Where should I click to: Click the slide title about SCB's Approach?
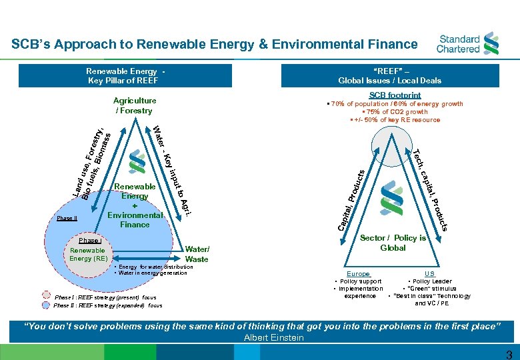tap(214, 44)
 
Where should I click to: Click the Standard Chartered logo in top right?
tap(467, 44)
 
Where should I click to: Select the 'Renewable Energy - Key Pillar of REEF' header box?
tap(125, 75)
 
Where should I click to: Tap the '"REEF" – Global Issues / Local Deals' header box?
tap(389, 75)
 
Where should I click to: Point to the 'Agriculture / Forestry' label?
tap(135, 105)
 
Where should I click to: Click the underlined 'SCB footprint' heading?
tap(395, 95)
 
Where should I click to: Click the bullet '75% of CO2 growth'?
tap(395, 112)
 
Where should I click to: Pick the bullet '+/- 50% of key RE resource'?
tap(395, 120)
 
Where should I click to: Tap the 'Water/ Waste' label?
tap(197, 255)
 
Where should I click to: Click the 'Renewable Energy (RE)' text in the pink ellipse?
tap(89, 254)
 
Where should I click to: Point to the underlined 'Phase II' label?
tap(67, 218)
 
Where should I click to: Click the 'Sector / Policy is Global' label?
tap(393, 243)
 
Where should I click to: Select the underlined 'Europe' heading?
tap(359, 274)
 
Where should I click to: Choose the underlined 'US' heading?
tap(429, 274)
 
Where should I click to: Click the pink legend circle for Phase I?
tap(46, 297)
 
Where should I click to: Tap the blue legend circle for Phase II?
tap(46, 305)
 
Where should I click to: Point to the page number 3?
tap(509, 354)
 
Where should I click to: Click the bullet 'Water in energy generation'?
tap(152, 273)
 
